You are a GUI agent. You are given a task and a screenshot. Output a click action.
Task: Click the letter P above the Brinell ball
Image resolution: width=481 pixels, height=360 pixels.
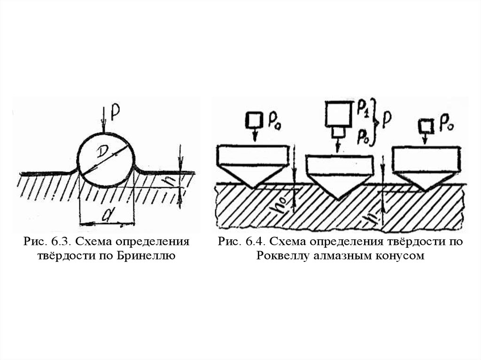tap(114, 110)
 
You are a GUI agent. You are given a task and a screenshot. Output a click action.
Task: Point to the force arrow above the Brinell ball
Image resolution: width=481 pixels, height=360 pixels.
tap(105, 124)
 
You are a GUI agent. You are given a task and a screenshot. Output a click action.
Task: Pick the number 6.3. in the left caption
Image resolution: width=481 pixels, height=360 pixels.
tap(60, 242)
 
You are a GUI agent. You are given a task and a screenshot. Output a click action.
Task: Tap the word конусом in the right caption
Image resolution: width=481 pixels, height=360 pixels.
tap(401, 257)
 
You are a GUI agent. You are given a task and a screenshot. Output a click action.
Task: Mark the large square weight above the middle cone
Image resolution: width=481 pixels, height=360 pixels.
tap(338, 114)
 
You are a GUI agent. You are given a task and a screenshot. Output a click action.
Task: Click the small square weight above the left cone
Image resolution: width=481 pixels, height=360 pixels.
tap(254, 120)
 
